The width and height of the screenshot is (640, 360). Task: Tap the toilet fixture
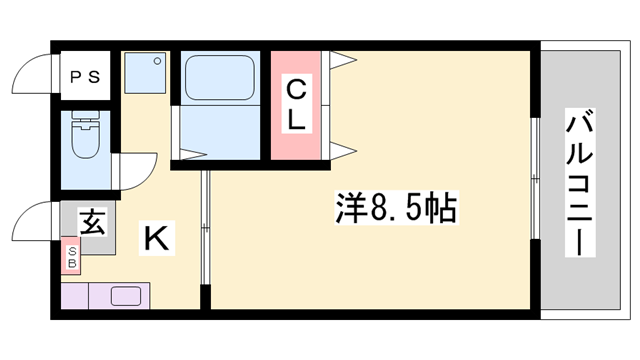84,141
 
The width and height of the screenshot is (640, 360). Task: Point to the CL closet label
297,105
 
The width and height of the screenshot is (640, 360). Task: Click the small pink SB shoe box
72,258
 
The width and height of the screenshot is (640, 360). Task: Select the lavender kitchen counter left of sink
77,297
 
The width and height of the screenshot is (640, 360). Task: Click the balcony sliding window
535,180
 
